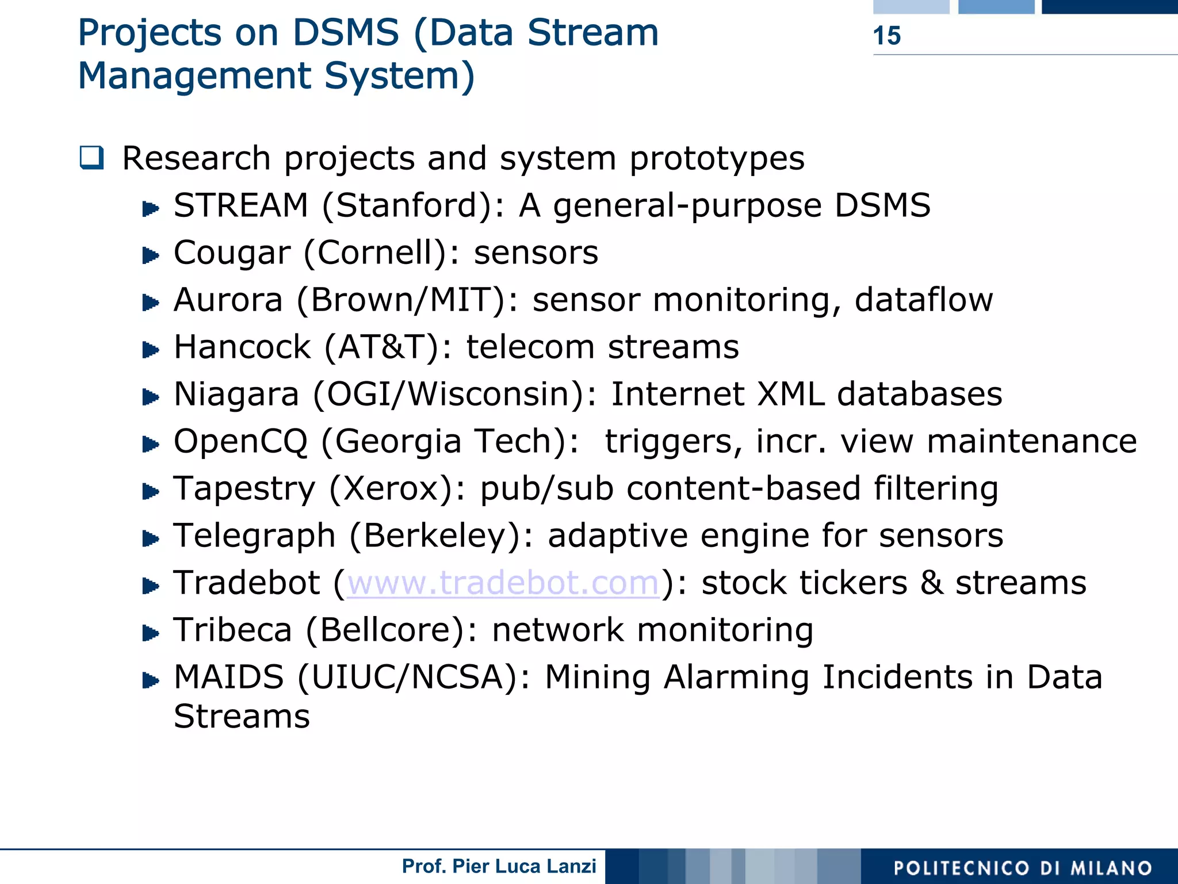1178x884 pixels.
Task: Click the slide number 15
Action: click(886, 36)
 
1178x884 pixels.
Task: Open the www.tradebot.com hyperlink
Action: click(503, 583)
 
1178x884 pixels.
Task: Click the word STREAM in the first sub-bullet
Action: click(241, 205)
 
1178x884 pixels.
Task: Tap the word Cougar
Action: click(232, 253)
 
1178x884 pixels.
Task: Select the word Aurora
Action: click(228, 300)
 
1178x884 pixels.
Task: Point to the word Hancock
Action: click(242, 347)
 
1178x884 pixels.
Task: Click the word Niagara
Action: click(236, 395)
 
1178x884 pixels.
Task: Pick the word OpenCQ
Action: click(241, 442)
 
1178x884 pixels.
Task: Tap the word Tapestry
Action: click(244, 489)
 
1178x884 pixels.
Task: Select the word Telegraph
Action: click(255, 536)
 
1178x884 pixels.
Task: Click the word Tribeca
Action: click(233, 630)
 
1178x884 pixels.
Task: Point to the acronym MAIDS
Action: click(229, 677)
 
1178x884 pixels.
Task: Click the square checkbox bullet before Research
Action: click(92, 158)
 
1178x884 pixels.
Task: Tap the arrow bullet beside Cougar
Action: click(151, 255)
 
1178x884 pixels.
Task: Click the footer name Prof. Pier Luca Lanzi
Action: click(499, 866)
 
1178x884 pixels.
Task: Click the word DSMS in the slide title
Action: click(346, 33)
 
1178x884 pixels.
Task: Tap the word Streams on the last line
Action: click(242, 717)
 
